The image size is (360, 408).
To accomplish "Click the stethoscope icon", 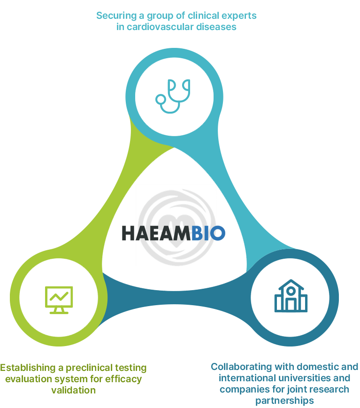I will click(x=174, y=96).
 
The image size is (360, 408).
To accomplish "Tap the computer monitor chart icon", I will click(x=59, y=299).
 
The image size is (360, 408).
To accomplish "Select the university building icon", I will click(x=291, y=297).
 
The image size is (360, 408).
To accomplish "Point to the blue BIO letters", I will click(x=208, y=233).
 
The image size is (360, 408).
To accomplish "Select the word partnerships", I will click(x=284, y=400).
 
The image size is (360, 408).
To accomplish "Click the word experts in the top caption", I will click(x=241, y=16).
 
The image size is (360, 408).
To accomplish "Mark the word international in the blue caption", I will click(x=241, y=378).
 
